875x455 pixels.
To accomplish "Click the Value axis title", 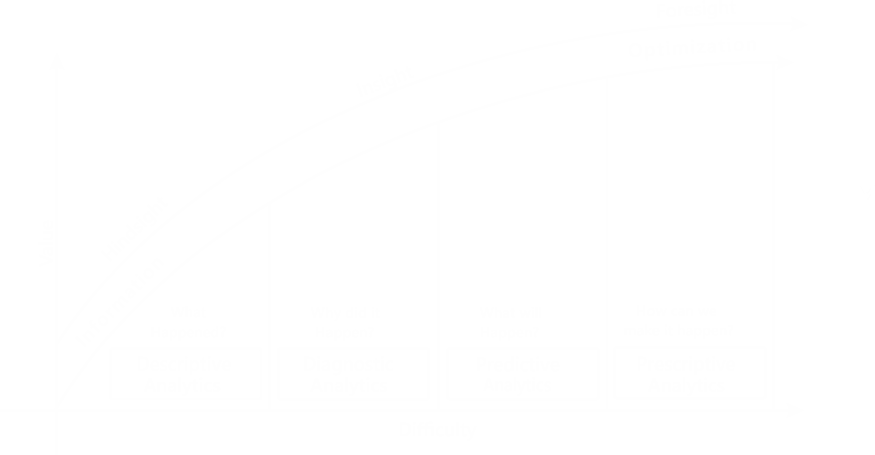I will pos(47,243).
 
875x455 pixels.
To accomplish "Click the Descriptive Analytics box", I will pos(185,374).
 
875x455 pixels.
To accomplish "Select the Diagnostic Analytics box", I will pos(353,374).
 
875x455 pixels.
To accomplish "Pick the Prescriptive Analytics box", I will pos(689,374).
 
